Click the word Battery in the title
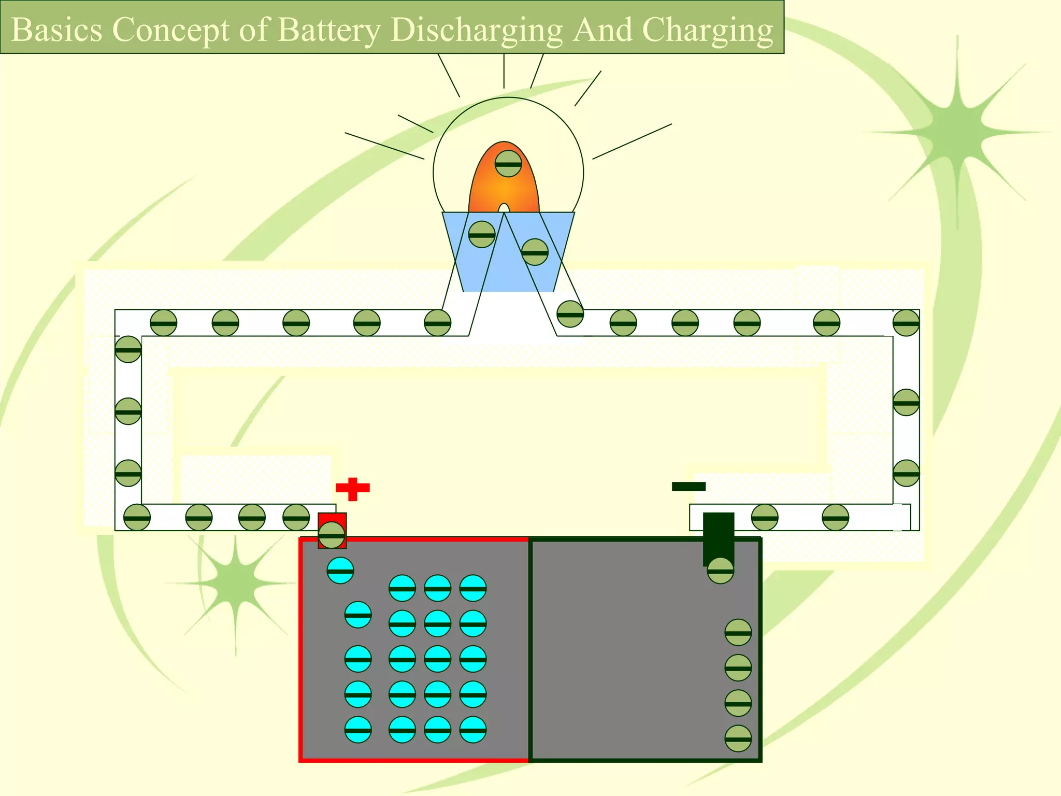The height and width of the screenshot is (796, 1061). click(x=329, y=30)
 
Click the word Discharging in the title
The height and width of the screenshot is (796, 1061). click(x=476, y=30)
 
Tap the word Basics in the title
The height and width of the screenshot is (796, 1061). click(x=56, y=30)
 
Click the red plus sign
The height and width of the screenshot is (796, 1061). click(x=353, y=489)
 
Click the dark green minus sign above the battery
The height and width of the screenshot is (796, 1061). click(x=689, y=486)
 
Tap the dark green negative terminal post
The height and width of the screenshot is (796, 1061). click(x=719, y=534)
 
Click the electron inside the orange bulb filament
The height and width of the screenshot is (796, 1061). click(x=508, y=164)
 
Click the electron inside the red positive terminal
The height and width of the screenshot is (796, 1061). click(x=332, y=535)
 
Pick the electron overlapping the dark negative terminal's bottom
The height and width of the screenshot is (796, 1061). click(x=720, y=571)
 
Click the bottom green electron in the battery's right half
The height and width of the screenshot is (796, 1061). click(x=738, y=738)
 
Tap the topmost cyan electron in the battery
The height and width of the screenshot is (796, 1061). click(x=340, y=571)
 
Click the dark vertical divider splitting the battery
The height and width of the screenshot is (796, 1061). click(x=530, y=648)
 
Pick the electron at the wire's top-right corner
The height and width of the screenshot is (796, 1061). click(x=906, y=323)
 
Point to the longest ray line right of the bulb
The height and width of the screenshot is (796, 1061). click(x=632, y=141)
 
